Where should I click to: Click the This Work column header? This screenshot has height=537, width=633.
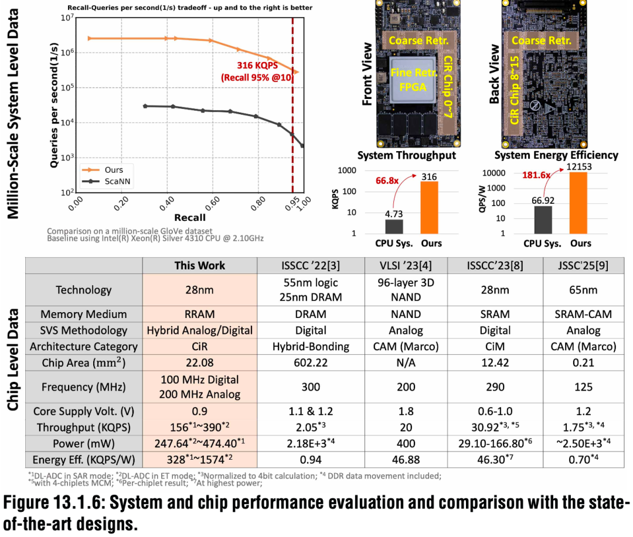(x=200, y=265)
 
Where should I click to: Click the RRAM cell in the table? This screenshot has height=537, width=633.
(x=200, y=314)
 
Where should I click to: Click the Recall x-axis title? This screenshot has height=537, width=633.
(x=190, y=218)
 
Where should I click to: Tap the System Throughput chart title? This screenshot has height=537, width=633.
(x=407, y=155)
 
